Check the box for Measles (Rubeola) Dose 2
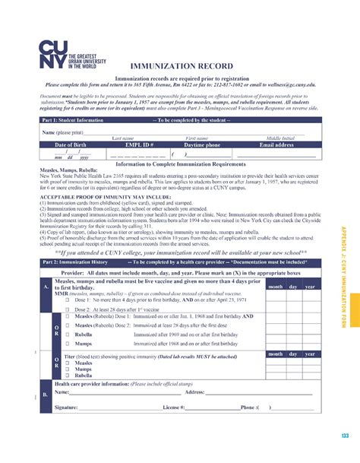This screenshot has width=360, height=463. (x=68, y=325)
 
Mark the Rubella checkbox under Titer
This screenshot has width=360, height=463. (x=68, y=376)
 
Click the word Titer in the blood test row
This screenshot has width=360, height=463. (x=70, y=355)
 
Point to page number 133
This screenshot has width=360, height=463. (x=344, y=434)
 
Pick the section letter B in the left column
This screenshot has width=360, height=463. (x=45, y=395)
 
